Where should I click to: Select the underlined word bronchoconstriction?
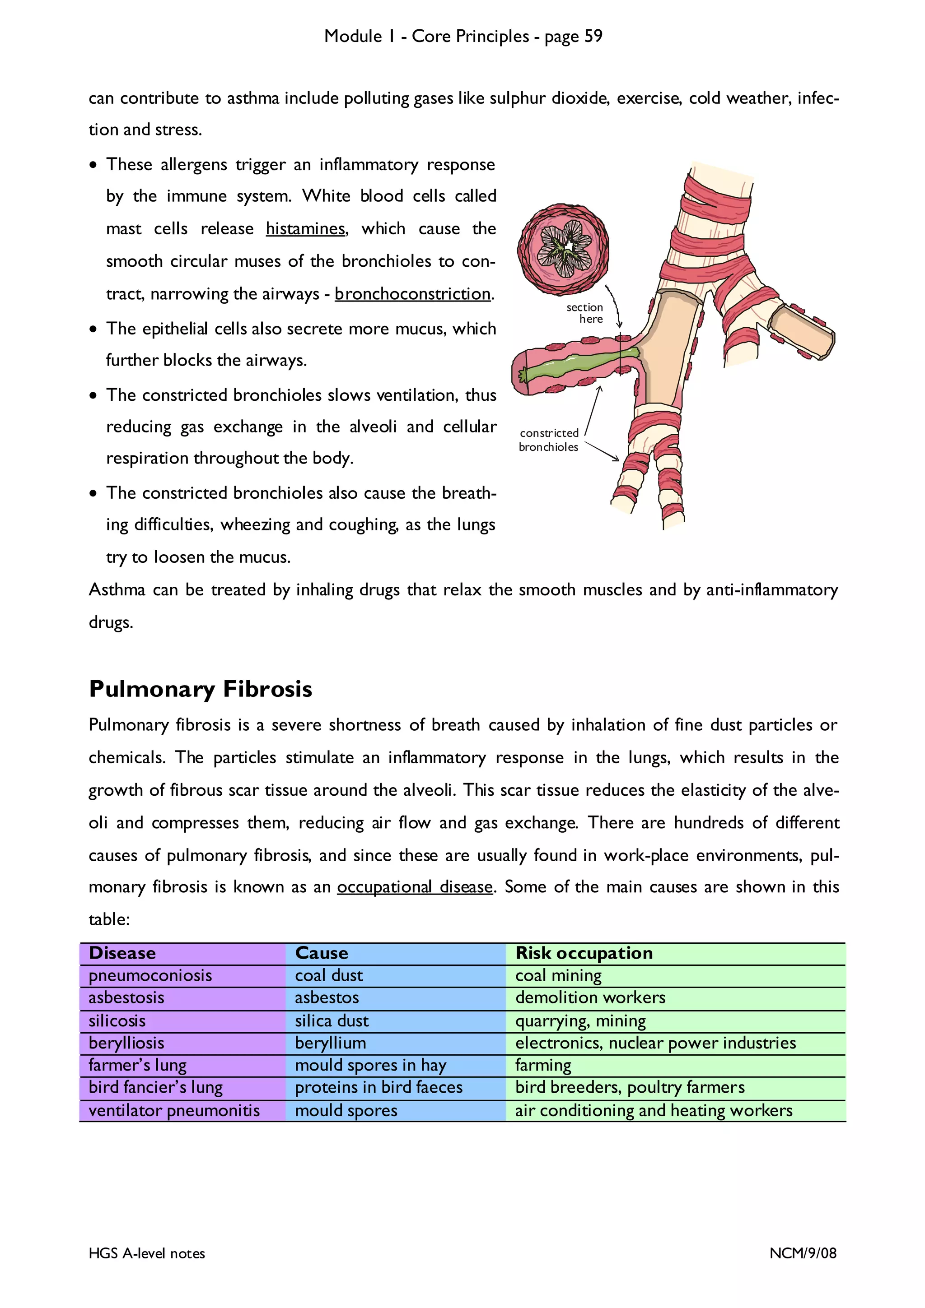click(413, 294)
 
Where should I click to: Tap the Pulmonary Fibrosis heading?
click(201, 689)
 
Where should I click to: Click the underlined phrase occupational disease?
click(415, 887)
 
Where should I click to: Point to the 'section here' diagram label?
click(585, 313)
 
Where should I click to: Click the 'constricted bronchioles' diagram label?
click(549, 440)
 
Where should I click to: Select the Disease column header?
click(122, 953)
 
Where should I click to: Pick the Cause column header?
click(322, 953)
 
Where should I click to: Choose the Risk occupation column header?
click(584, 953)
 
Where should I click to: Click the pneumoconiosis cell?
click(150, 975)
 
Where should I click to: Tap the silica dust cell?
click(332, 1021)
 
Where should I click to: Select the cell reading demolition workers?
click(590, 997)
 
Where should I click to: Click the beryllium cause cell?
click(331, 1043)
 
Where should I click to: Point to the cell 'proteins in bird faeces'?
click(378, 1088)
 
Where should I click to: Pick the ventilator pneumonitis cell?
click(174, 1110)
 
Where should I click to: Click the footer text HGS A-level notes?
click(147, 1253)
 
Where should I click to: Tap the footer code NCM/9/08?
click(803, 1253)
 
